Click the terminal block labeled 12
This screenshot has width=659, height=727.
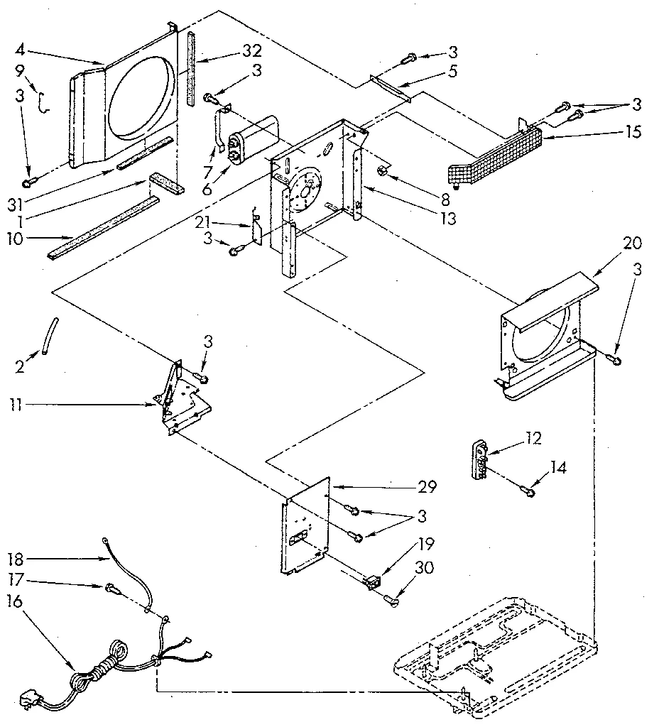(x=481, y=460)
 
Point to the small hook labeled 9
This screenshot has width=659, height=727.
(x=44, y=103)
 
